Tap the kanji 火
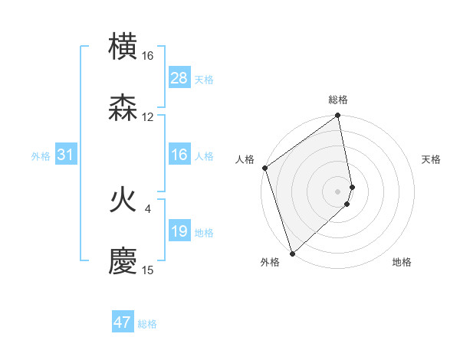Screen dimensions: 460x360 coord(123,199)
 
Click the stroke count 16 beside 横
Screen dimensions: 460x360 coord(147,56)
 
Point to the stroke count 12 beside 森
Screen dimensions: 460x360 coord(147,117)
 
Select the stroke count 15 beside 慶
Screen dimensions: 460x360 coord(147,270)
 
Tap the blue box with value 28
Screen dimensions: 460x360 coord(179,78)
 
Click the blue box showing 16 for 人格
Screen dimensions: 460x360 coord(179,155)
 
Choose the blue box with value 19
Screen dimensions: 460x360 coord(179,231)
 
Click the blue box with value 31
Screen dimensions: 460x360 coord(65,155)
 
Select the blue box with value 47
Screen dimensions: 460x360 coord(122,322)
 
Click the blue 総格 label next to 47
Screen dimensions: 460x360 coord(147,324)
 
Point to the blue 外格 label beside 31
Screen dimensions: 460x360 coord(41,156)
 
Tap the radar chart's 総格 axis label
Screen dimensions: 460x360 coord(338,100)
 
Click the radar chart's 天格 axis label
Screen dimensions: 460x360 coord(431,159)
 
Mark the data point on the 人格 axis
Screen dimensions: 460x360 coord(265,168)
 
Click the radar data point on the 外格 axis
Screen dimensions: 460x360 coord(292,254)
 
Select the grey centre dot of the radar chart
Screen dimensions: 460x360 coord(338,191)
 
